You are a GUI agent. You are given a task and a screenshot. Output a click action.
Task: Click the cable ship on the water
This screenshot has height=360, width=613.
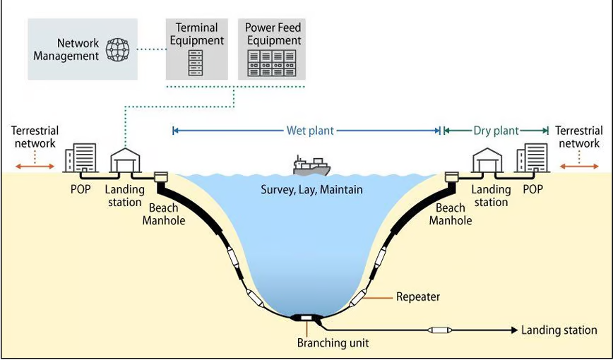tap(311, 165)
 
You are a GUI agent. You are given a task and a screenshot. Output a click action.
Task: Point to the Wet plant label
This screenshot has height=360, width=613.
tap(310, 131)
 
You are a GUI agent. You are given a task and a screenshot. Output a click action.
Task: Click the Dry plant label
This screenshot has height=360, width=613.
tap(496, 131)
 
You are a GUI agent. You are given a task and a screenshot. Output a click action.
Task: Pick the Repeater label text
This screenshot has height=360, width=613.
tap(418, 296)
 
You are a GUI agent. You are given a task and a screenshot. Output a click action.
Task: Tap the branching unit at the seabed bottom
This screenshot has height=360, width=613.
tap(306, 318)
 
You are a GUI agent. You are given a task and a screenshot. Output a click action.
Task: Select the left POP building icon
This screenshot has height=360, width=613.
tap(81, 160)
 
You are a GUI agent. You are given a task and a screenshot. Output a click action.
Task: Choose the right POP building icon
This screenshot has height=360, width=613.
tap(531, 160)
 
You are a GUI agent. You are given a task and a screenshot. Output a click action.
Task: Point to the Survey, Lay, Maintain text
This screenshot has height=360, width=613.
tap(311, 189)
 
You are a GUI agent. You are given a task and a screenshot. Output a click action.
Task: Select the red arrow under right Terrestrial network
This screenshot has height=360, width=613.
tap(579, 167)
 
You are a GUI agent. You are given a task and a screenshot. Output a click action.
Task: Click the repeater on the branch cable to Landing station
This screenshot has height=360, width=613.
tap(441, 330)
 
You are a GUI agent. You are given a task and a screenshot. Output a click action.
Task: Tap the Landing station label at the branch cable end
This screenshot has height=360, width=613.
tap(559, 330)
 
